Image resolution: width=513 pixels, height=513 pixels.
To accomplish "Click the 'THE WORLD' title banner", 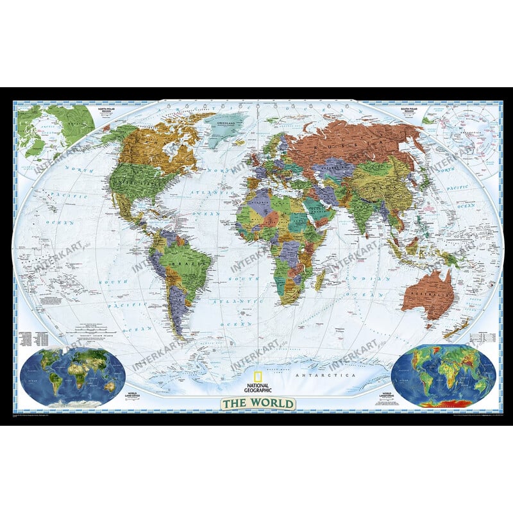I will tap(258, 404).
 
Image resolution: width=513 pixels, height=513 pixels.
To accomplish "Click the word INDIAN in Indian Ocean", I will tap(363, 280).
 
